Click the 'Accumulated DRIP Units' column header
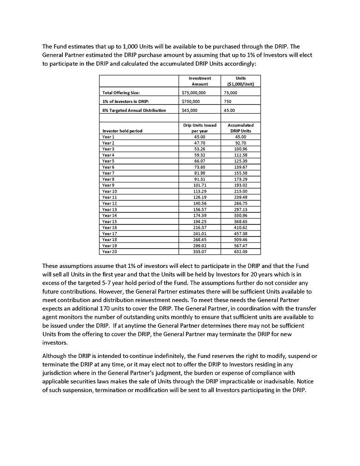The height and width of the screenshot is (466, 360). [241, 128]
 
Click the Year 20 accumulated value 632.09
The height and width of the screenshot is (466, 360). [241, 252]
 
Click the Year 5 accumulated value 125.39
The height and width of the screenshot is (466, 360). [241, 161]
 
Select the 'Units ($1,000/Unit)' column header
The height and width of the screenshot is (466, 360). [241, 81]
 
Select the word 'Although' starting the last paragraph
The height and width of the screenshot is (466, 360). [54, 355]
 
